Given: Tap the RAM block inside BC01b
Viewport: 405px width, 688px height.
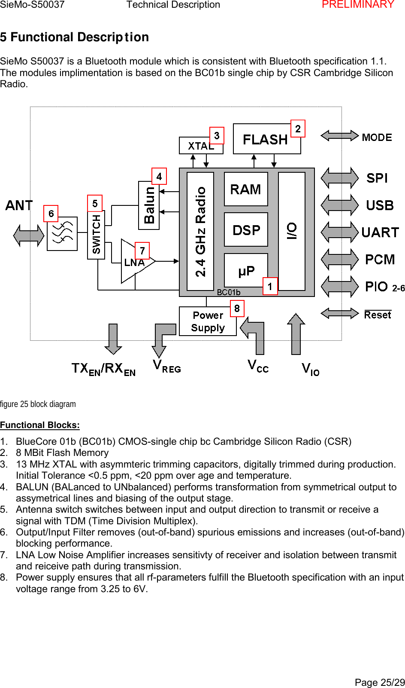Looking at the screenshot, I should pos(246,189).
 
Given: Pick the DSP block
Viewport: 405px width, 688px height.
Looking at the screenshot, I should pos(246,230).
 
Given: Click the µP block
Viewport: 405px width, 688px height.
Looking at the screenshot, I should pos(246,271).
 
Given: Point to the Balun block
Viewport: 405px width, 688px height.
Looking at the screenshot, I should pos(149,205).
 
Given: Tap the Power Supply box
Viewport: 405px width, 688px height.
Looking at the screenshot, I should pos(208,321).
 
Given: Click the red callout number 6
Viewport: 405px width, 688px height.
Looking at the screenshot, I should pos(51,214).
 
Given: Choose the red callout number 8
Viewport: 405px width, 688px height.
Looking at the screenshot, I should pos(237,309).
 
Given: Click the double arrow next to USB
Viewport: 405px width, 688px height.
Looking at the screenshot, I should pos(339,205).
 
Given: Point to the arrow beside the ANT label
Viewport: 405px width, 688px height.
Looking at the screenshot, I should pos(29,235).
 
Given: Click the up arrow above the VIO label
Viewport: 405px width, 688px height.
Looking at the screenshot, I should pos(296,334).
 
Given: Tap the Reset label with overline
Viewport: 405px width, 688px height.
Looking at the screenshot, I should pos(378,315).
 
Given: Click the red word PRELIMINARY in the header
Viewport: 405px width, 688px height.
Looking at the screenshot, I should pos(358,5).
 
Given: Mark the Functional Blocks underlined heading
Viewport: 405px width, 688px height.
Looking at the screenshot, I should pos(40,425).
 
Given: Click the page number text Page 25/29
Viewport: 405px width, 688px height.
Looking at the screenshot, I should pos(379,682).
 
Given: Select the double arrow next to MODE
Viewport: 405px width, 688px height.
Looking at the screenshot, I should pos(339,136).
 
